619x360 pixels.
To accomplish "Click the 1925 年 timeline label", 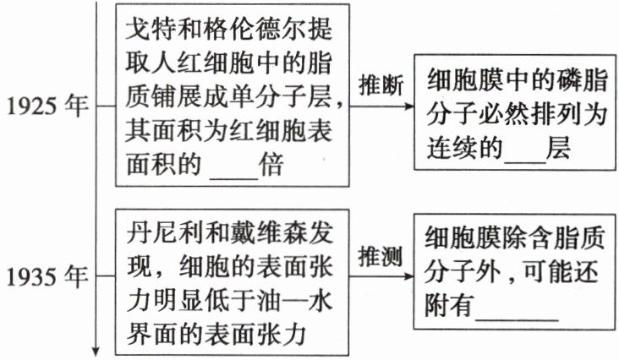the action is (47, 109).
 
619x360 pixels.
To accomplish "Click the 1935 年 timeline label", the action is (47, 275).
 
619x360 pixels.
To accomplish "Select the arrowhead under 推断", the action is (408, 107).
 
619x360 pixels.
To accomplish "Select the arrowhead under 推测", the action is (408, 275).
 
